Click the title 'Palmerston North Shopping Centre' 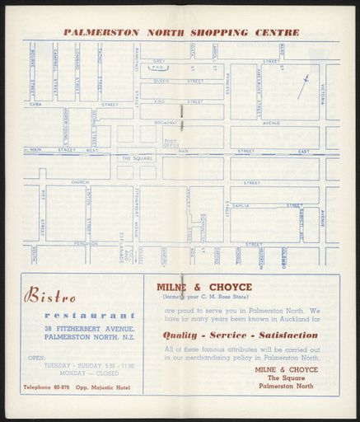(x=180, y=33)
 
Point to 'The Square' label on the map (x=137, y=157)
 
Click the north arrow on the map (x=304, y=86)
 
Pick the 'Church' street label (x=80, y=182)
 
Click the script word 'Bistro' (x=51, y=293)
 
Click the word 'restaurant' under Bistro (x=91, y=315)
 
